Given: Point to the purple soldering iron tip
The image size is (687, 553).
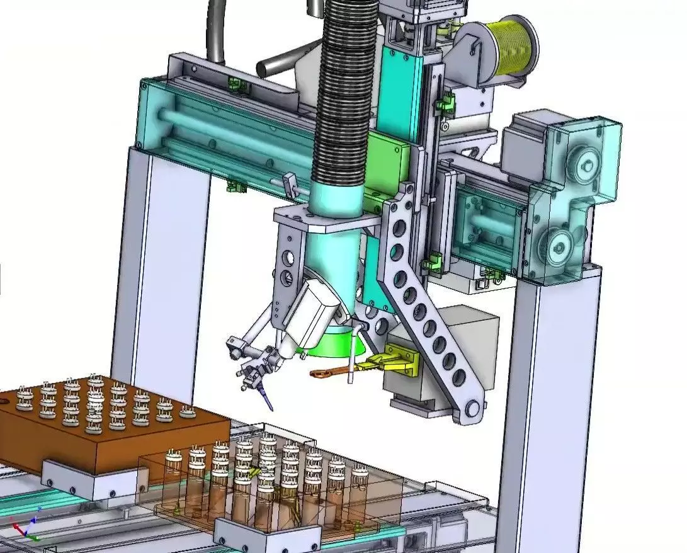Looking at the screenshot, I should [x=268, y=401].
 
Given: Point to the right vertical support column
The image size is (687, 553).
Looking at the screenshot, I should [x=548, y=403].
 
